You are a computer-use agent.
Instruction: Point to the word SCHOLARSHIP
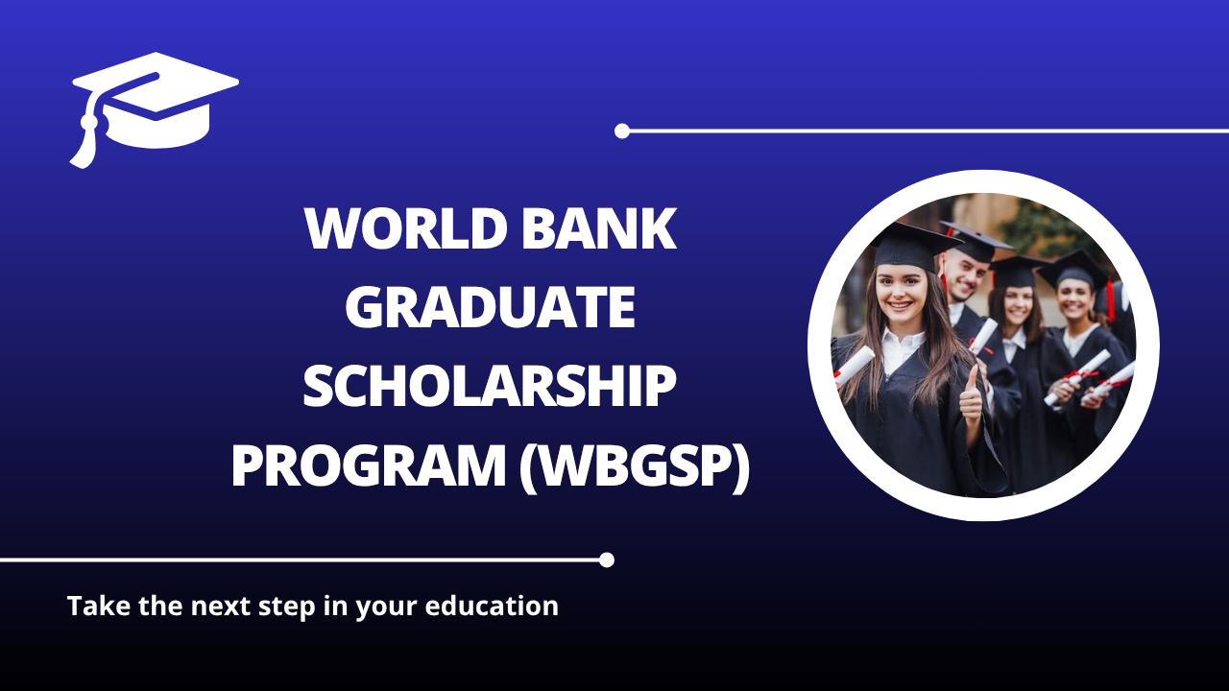490,388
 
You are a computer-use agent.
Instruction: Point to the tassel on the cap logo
84,144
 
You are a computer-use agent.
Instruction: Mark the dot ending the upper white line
622,131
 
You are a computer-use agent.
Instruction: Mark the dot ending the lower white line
606,560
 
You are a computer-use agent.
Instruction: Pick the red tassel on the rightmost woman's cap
1111,299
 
